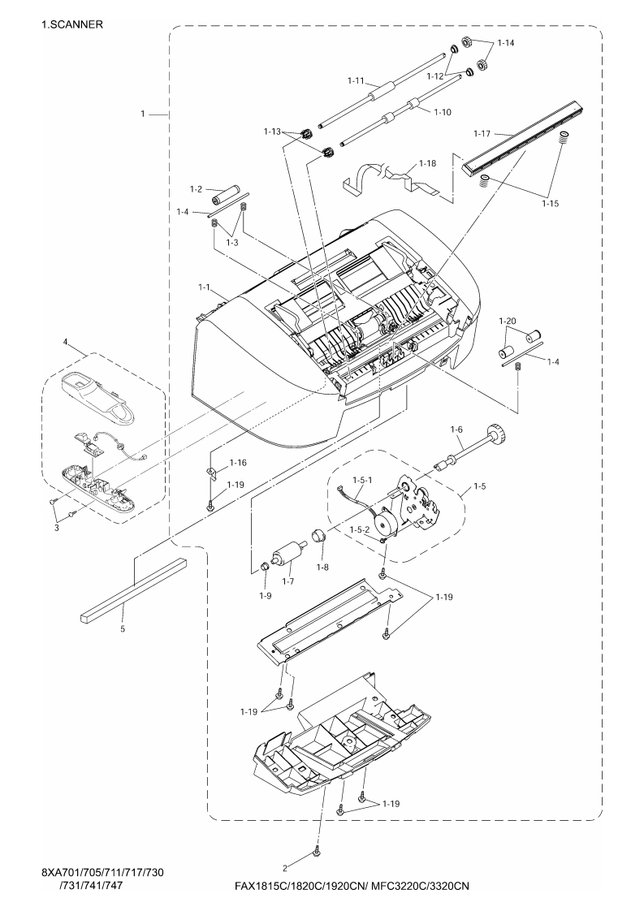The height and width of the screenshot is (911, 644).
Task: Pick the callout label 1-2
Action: [195, 188]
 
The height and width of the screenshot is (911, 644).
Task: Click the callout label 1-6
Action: [456, 429]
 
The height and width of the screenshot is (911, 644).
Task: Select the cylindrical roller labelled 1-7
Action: [289, 558]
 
